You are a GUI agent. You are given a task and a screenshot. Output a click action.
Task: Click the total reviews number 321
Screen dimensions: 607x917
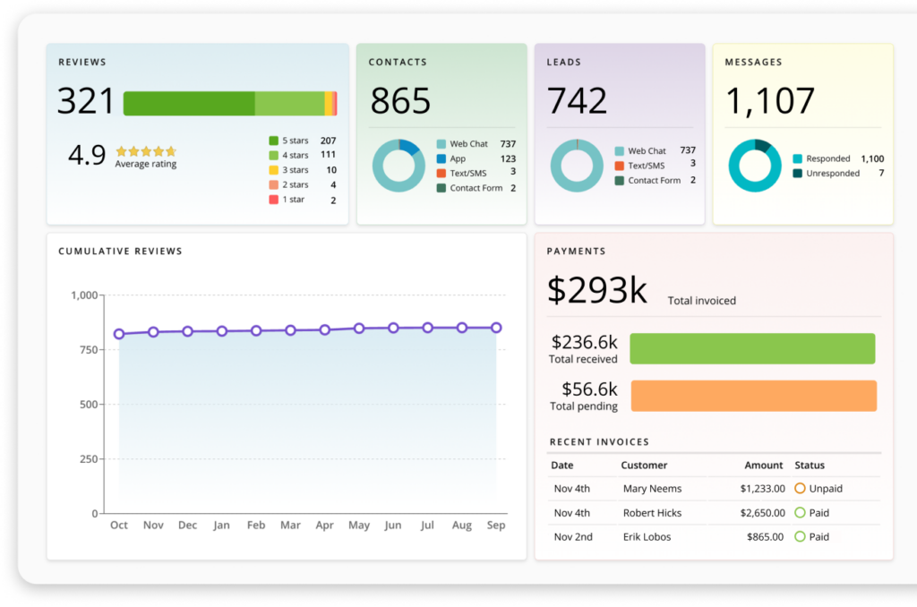pyautogui.click(x=86, y=102)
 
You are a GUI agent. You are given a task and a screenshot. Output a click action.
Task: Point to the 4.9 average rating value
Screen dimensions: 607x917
pyautogui.click(x=87, y=155)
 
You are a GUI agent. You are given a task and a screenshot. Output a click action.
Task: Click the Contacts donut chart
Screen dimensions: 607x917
pyautogui.click(x=399, y=166)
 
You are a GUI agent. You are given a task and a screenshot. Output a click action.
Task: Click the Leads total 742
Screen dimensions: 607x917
pyautogui.click(x=577, y=102)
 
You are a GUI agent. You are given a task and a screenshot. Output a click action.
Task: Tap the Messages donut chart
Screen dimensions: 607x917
pyautogui.click(x=755, y=166)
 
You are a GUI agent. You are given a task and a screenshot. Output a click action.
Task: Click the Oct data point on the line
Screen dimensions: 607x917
pyautogui.click(x=119, y=334)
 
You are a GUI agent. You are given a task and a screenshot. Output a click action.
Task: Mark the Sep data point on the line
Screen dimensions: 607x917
pyautogui.click(x=496, y=328)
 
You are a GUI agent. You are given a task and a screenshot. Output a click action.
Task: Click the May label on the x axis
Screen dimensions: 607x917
pyautogui.click(x=359, y=526)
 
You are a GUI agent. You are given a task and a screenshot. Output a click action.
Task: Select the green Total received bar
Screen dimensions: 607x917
pyautogui.click(x=752, y=348)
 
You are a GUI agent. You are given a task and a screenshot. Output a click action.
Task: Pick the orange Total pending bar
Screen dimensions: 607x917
pyautogui.click(x=753, y=396)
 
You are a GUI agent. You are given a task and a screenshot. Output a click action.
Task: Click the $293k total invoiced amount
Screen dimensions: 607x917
pyautogui.click(x=596, y=291)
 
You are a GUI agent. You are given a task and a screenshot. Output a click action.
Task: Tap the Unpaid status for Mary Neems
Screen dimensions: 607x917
pyautogui.click(x=818, y=489)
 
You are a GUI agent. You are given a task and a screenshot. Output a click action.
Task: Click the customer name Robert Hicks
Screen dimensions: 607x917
pyautogui.click(x=652, y=513)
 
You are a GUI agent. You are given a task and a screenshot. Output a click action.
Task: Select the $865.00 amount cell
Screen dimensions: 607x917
pyautogui.click(x=766, y=537)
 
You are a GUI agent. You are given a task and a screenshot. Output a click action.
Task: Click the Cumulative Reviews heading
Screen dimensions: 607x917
pyautogui.click(x=120, y=252)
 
